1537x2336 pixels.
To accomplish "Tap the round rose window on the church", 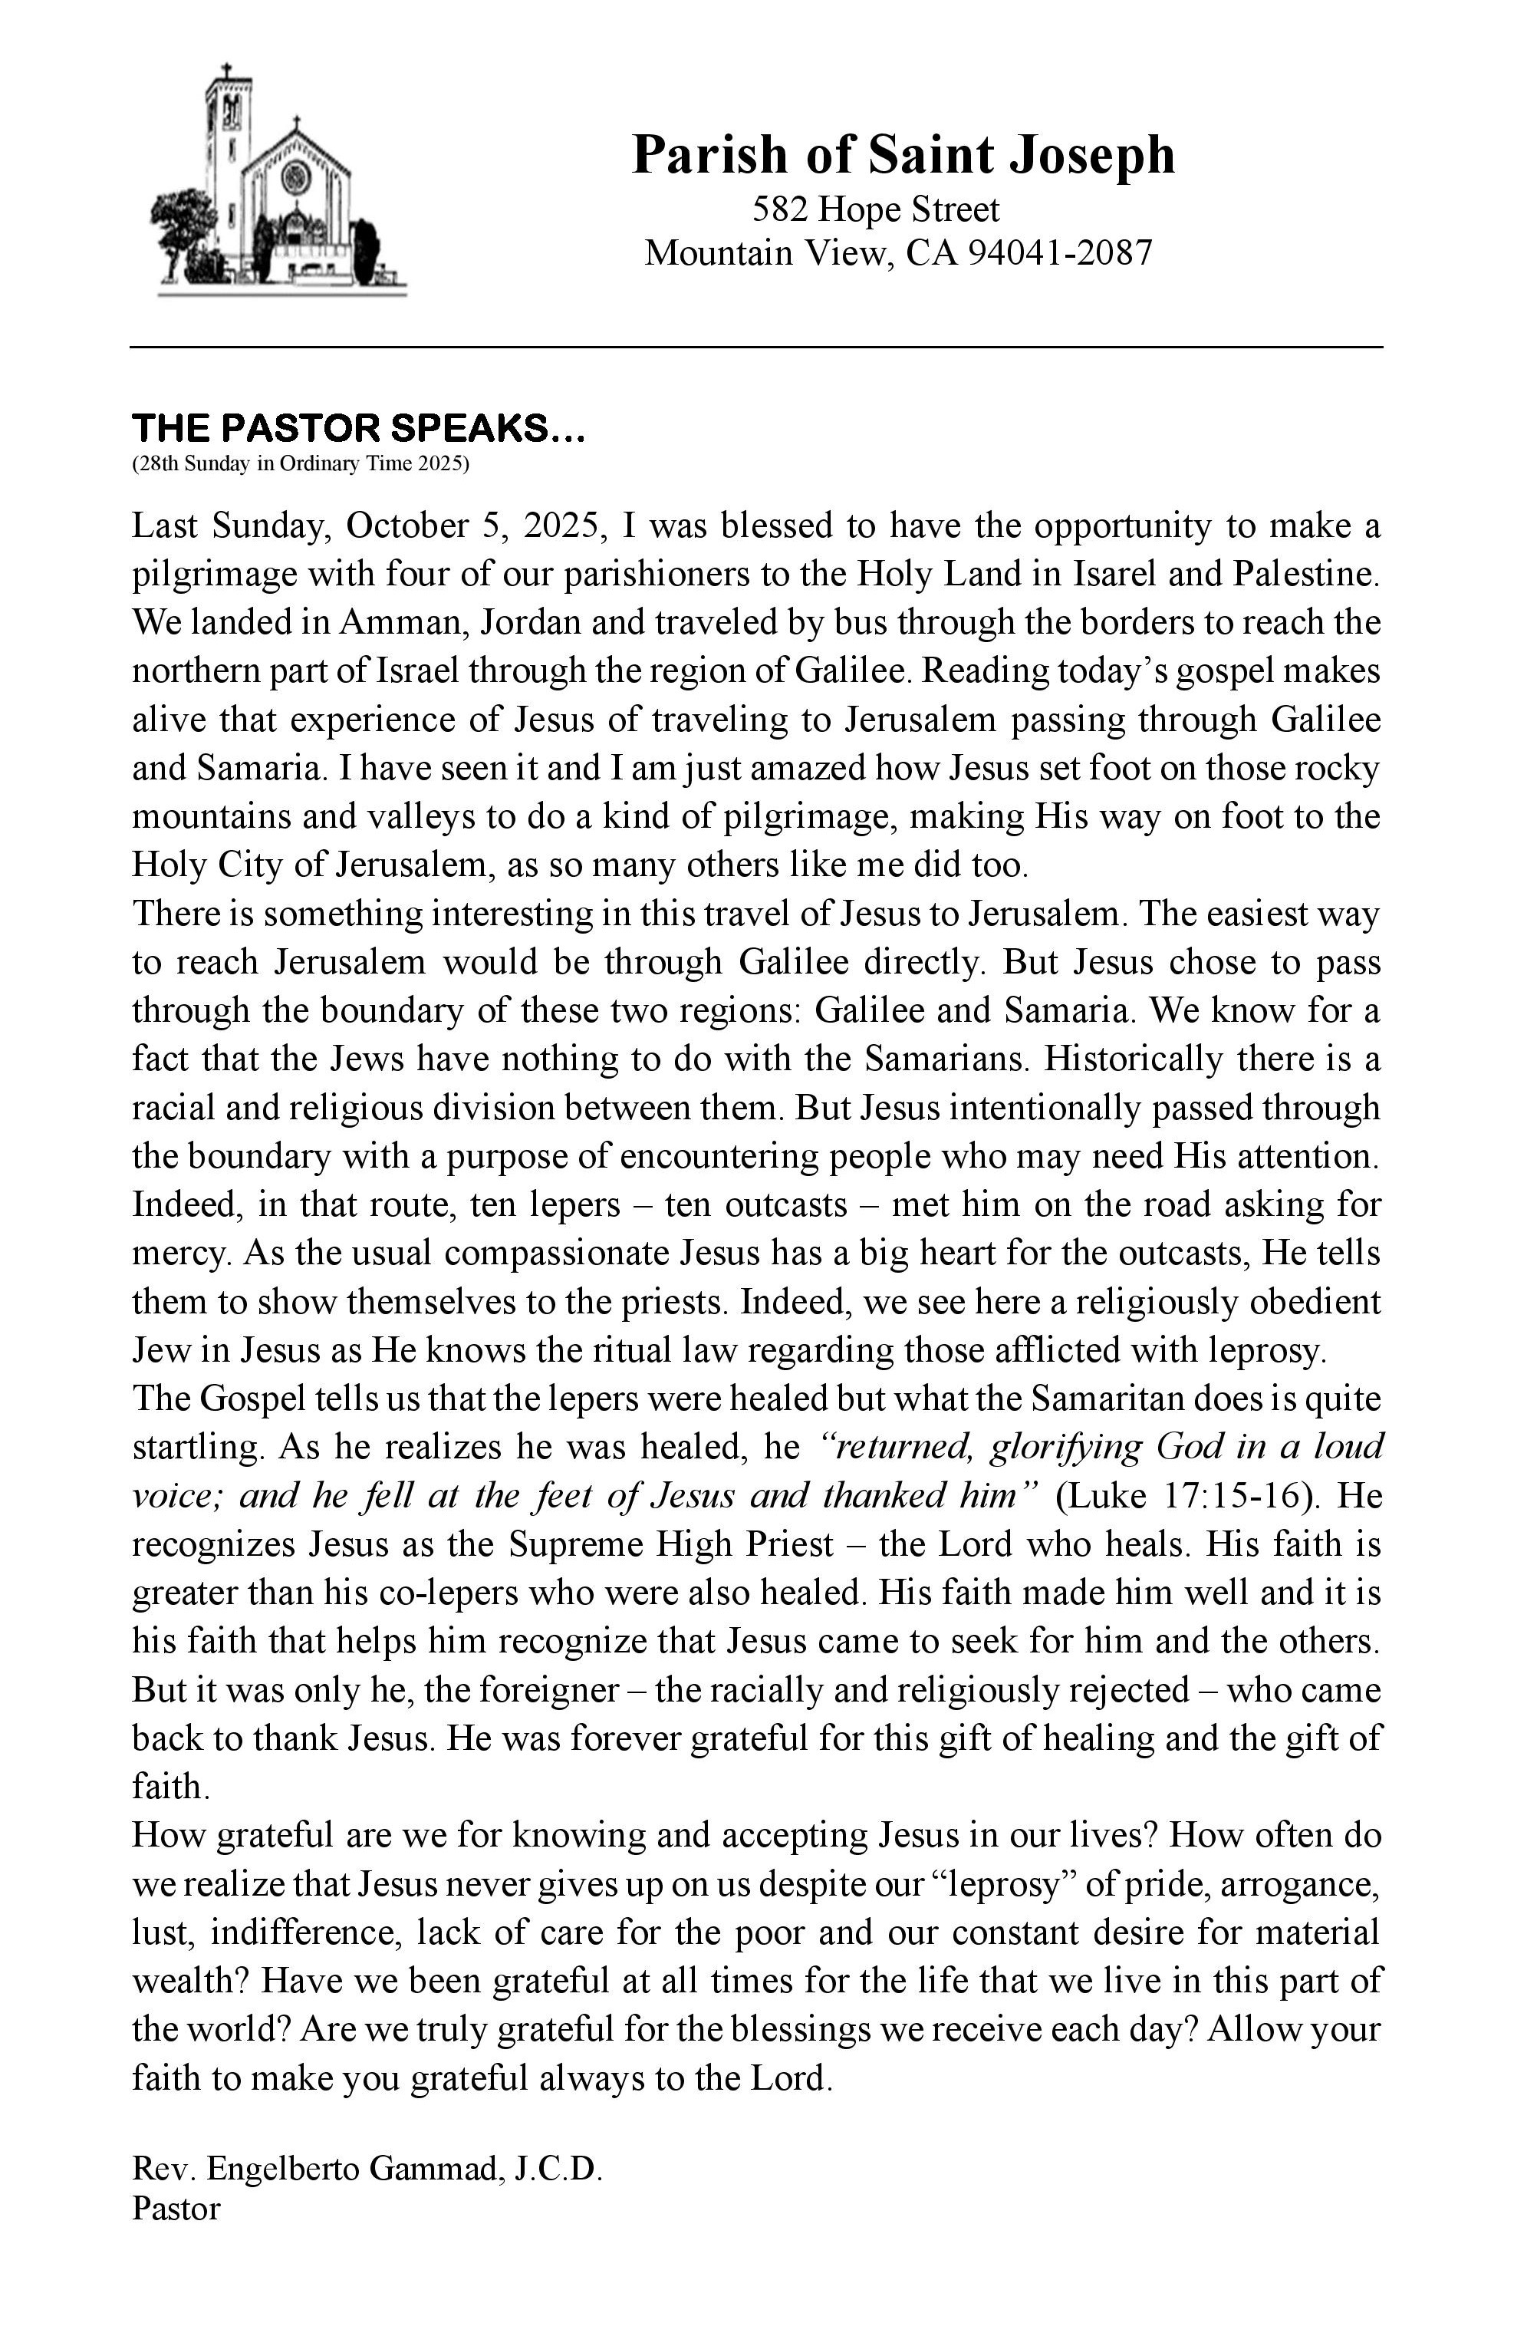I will pos(295,178).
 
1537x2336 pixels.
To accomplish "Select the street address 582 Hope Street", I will pos(875,209).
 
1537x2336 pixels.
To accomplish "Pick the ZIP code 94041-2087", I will pos(1060,253).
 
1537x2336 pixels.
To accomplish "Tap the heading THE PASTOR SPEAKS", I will pos(358,429).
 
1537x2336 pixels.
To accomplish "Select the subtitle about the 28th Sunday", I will pos(301,464).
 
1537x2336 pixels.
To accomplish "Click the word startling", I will pos(197,1447).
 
